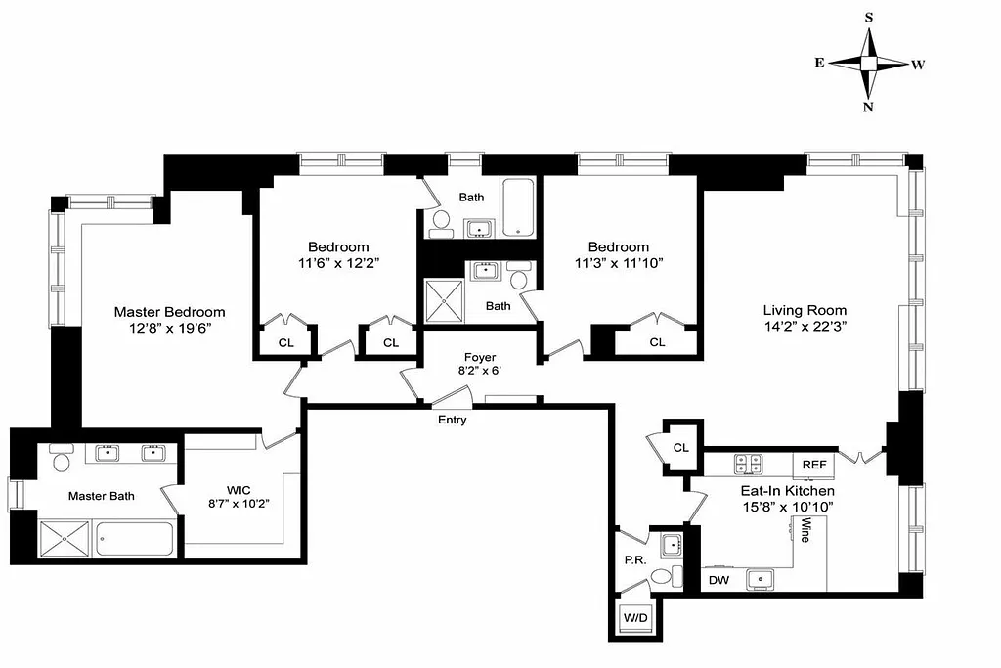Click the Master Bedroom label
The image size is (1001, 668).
[x=169, y=312]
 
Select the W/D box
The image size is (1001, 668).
[x=635, y=618]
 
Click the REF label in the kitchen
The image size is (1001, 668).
[x=814, y=466]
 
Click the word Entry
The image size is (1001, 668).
[x=452, y=421]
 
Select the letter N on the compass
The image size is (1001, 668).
[x=868, y=108]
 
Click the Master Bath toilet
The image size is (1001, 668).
[x=62, y=459]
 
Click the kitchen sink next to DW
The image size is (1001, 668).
[x=761, y=580]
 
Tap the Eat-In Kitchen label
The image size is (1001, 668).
[x=787, y=491]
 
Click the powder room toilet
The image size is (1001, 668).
[x=664, y=577]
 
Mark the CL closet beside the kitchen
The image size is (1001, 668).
[x=680, y=447]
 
